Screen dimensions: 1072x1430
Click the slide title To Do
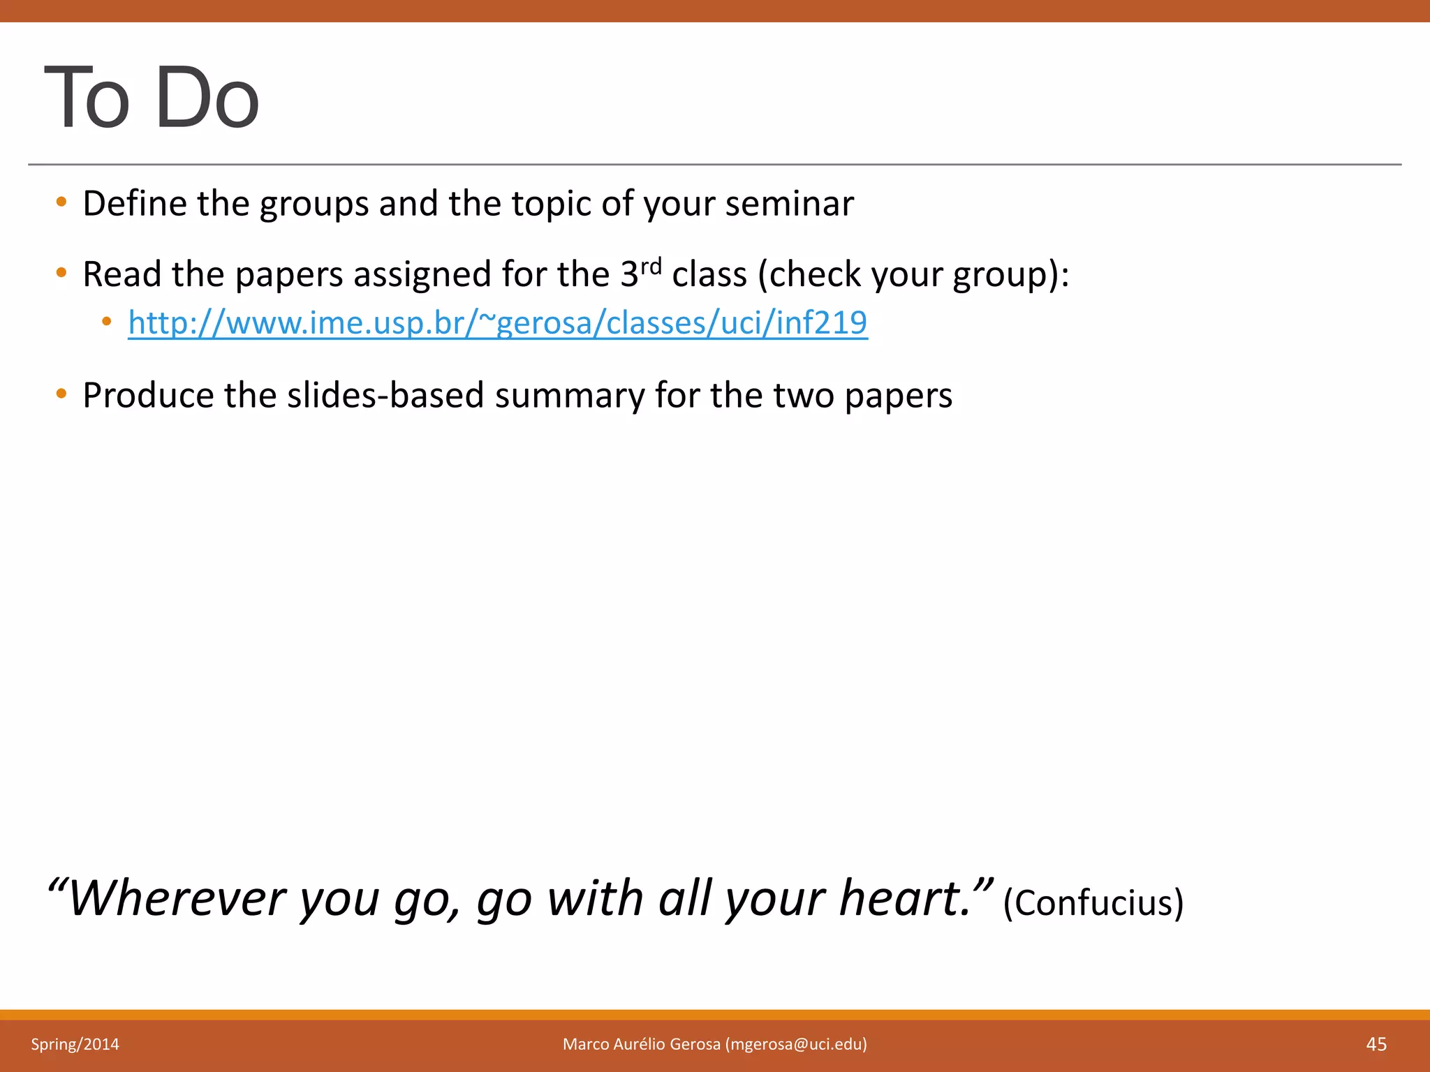152,98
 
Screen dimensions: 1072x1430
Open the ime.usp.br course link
497,323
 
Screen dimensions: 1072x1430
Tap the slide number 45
1376,1044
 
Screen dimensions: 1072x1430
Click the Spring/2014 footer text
75,1044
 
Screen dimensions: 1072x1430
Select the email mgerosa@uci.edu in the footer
796,1044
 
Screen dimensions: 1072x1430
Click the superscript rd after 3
651,266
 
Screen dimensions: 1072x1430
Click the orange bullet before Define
61,202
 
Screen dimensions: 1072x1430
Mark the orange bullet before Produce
61,394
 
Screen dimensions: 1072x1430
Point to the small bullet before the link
106,322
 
